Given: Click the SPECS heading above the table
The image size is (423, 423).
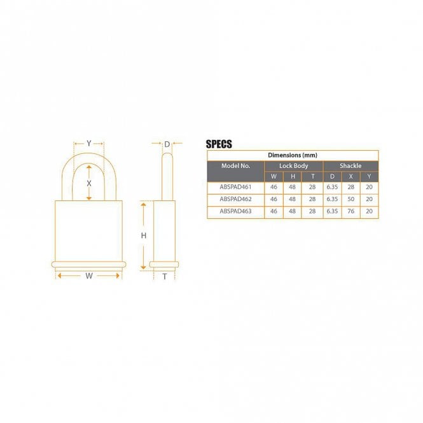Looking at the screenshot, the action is pos(219,144).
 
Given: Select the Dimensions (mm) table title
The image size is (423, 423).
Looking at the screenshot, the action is pos(293,155).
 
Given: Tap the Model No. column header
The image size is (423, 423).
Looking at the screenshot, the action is pos(235,165).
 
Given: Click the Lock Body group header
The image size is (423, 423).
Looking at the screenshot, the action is pos(293,166).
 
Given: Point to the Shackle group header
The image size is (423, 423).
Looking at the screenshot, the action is pos(350,166).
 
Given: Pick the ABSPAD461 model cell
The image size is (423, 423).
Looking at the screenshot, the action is pos(235,187).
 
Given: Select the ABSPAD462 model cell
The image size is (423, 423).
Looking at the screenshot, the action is pos(235,199).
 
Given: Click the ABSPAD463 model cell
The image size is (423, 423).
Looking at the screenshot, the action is pos(235,211).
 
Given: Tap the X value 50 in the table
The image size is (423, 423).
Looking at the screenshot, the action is pos(350,199).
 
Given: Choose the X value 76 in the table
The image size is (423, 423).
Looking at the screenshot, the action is pos(350,211).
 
